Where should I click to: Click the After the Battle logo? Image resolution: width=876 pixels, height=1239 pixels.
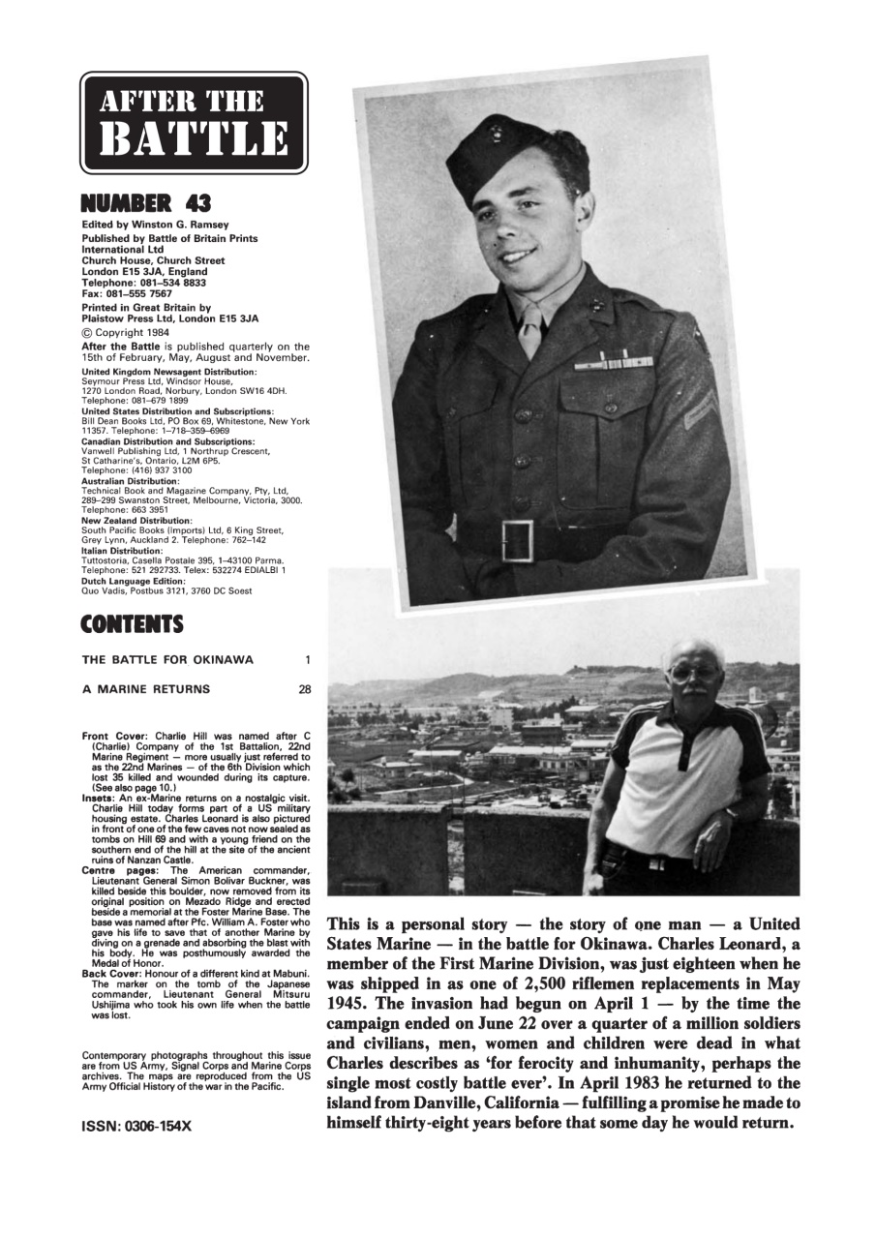194,123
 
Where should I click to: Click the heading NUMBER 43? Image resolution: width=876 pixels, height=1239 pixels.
146,203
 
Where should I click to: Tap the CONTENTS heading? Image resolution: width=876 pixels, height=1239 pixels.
133,625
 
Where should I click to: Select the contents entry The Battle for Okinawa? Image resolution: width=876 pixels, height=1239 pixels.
167,660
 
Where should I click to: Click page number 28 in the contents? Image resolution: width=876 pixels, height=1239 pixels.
303,689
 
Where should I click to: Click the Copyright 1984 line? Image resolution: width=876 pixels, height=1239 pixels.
130,332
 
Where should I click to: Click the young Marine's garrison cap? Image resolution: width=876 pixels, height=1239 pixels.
508,155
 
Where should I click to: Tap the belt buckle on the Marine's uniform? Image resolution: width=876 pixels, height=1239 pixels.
518,540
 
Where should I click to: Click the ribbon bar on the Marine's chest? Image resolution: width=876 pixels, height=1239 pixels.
613,362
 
